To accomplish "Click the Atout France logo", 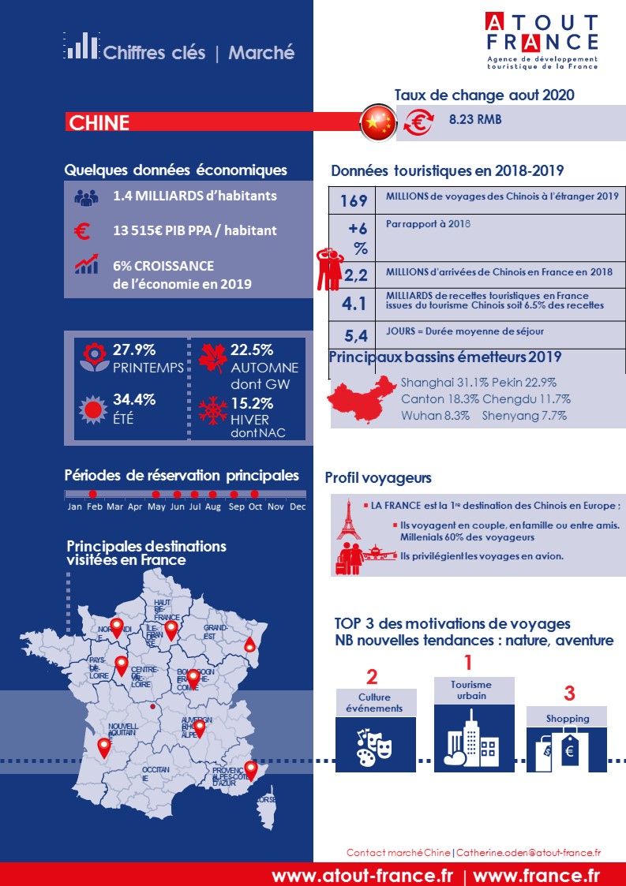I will (x=542, y=41).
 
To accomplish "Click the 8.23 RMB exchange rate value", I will (x=475, y=120).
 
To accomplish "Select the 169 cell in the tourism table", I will (x=354, y=201).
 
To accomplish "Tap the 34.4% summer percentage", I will (x=134, y=399).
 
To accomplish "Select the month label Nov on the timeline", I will (x=276, y=507).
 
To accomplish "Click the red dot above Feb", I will (x=92, y=494).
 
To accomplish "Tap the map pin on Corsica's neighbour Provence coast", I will (x=251, y=768).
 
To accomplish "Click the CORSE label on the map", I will (x=266, y=799).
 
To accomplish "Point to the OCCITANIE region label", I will (x=156, y=773).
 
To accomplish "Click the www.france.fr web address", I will (x=536, y=875).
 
